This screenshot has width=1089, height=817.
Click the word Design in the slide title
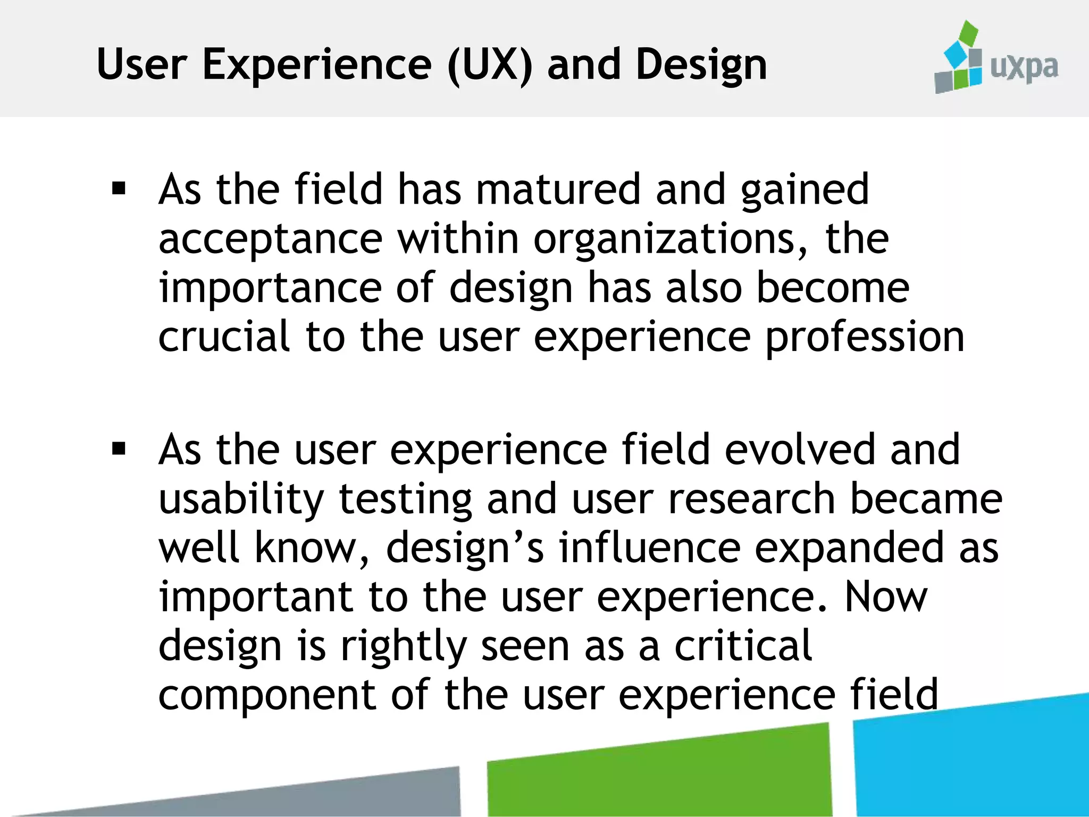tap(701, 65)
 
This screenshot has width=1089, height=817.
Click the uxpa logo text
tap(1024, 68)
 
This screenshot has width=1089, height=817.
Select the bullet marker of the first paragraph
tap(119, 189)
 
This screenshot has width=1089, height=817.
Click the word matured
tap(558, 189)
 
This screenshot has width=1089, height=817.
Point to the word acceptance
tap(270, 239)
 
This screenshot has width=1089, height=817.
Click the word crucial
tap(224, 337)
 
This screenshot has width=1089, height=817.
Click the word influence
tap(649, 548)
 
